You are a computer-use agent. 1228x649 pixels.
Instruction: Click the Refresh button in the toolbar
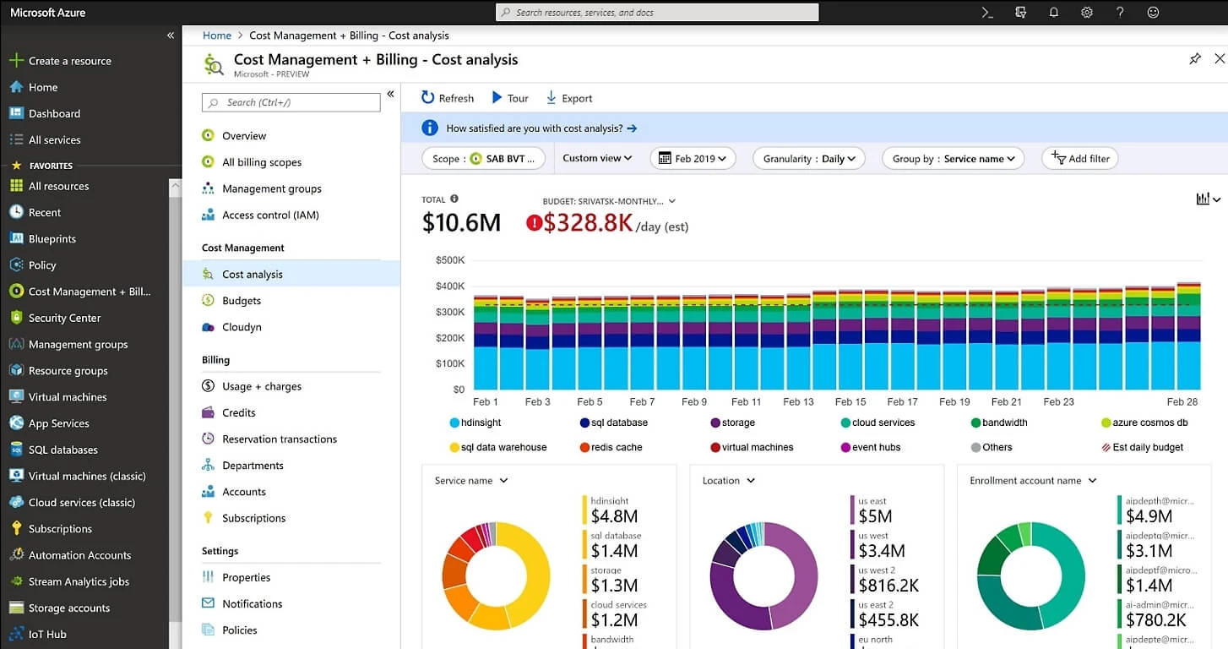pos(448,98)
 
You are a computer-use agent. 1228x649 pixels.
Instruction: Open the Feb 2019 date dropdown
pos(693,158)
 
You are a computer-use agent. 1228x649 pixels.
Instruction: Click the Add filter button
pos(1080,158)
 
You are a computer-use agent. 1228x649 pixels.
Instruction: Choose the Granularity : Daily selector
pos(809,158)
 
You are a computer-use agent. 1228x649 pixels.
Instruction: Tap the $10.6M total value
pos(461,222)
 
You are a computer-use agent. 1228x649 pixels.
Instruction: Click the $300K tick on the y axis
pos(449,312)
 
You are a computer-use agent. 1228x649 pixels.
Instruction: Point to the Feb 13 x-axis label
pos(798,402)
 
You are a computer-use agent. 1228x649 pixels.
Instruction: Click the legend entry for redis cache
pos(616,447)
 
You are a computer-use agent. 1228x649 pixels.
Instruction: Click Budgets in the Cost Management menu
pos(242,301)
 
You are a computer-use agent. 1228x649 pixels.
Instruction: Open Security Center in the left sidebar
pos(64,318)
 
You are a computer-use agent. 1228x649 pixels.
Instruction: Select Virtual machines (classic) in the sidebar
pos(87,476)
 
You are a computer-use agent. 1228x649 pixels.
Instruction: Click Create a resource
pos(69,61)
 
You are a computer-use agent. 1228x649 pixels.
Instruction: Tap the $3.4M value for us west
pos(881,551)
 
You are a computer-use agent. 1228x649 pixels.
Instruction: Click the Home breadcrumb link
pos(217,35)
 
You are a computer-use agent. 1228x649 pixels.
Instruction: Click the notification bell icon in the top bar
pos(1053,13)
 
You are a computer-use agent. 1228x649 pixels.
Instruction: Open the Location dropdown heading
pos(728,481)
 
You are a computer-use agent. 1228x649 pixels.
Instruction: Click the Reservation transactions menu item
pos(279,439)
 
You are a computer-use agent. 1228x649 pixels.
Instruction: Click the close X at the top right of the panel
pos(1219,58)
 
